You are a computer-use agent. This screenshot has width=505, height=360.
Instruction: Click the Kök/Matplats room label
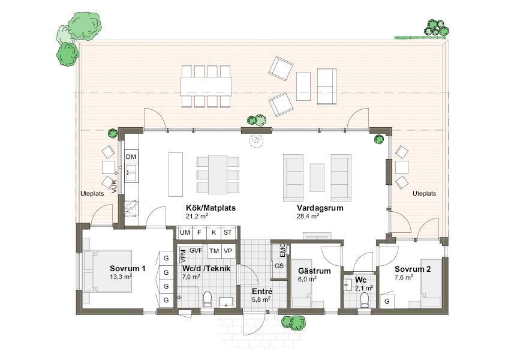(x=211, y=208)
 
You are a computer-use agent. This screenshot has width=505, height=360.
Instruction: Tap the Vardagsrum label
(x=320, y=208)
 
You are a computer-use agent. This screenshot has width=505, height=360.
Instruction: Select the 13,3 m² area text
(x=121, y=277)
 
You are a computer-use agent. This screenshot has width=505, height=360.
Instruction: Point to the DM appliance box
(x=131, y=157)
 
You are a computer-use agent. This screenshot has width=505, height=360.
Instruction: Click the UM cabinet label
(x=185, y=232)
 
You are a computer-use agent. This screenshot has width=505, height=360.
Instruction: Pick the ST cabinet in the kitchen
(x=228, y=232)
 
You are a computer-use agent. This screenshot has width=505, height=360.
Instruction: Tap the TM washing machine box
(x=214, y=251)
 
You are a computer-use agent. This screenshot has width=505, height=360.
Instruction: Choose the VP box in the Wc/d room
(x=228, y=251)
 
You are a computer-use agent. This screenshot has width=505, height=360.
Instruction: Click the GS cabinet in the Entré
(x=279, y=266)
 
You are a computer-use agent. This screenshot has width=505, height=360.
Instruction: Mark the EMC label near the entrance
(x=282, y=250)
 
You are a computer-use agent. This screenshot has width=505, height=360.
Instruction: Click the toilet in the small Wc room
(x=365, y=299)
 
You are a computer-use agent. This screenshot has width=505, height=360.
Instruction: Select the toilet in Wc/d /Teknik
(x=207, y=298)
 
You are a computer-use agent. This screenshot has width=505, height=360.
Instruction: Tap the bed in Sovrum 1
(x=107, y=271)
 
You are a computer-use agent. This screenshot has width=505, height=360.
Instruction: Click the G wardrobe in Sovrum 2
(x=387, y=301)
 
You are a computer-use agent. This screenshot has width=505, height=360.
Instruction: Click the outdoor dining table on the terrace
(x=206, y=86)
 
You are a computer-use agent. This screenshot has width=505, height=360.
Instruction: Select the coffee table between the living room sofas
(x=317, y=177)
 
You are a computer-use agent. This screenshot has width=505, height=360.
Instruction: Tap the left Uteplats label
(x=92, y=194)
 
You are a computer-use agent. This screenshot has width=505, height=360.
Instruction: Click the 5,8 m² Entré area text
(x=261, y=299)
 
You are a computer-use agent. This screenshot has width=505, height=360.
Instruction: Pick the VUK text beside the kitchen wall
(x=115, y=187)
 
